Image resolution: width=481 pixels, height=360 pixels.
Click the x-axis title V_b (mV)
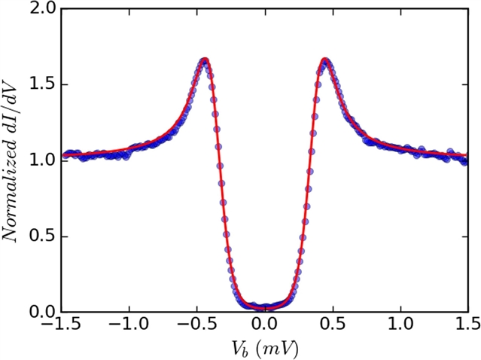pos(264,348)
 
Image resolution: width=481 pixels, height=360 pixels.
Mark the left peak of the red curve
pos(204,59)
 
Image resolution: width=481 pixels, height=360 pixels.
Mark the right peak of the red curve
pos(325,59)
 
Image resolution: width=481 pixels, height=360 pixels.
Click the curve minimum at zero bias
pos(265,307)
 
